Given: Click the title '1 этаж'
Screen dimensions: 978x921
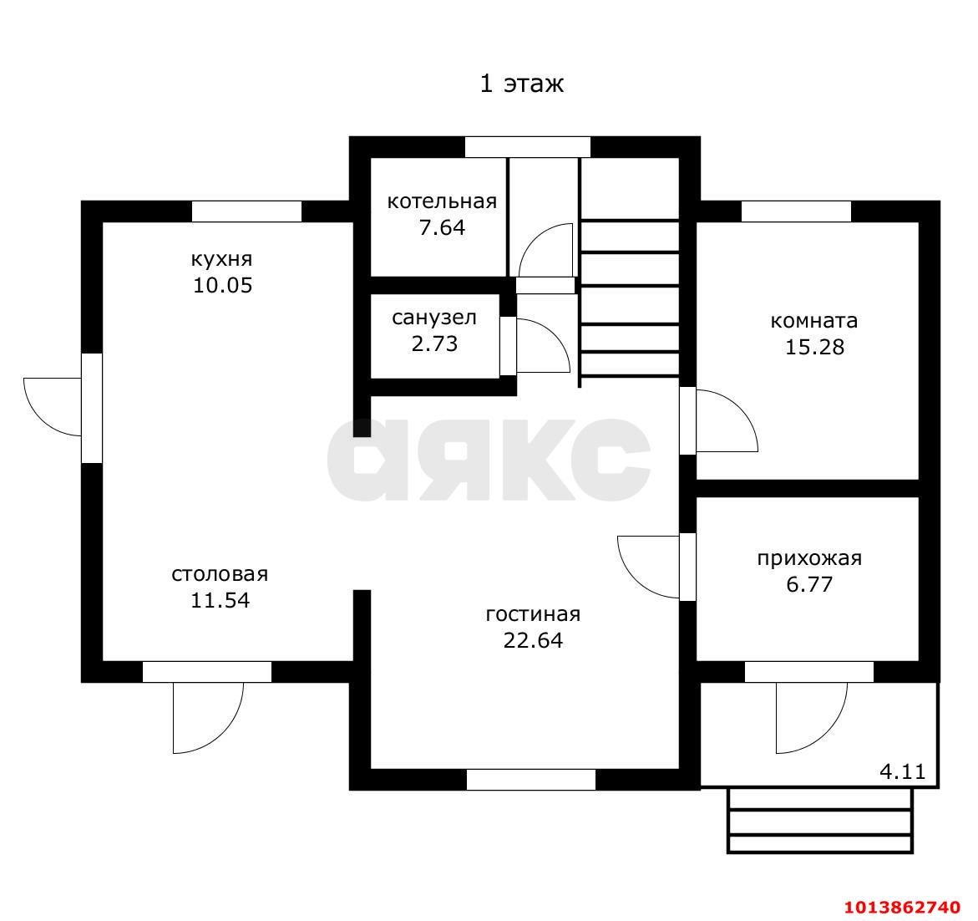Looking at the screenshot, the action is pos(521,84).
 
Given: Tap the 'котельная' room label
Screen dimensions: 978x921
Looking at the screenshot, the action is pos(442,201).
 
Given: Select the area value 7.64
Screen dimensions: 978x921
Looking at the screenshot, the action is pos(442,228).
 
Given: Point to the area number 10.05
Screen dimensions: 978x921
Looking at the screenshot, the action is pos(222,286).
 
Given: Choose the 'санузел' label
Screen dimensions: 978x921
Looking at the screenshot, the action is pos(434,318).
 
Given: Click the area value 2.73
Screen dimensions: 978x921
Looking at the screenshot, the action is pos(434,343).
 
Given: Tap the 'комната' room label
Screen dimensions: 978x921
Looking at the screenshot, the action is pos(814,321).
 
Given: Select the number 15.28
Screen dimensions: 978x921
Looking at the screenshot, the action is pos(814,347).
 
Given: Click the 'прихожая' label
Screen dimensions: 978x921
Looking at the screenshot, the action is pos(809,557).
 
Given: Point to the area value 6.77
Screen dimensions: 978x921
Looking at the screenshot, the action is pos(809,585).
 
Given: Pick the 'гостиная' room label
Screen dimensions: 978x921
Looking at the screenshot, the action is pos(533,614).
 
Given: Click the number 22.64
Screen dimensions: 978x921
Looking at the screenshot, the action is pos(533,641).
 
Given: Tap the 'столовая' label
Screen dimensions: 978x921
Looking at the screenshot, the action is pos(220,574).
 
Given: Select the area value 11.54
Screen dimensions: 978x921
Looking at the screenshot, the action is pos(220,600).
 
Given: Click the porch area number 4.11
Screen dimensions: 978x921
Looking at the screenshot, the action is pos(903,772).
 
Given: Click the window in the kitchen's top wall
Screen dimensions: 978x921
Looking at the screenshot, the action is pos(246,211).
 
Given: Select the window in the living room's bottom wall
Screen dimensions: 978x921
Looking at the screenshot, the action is pos(531,780).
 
